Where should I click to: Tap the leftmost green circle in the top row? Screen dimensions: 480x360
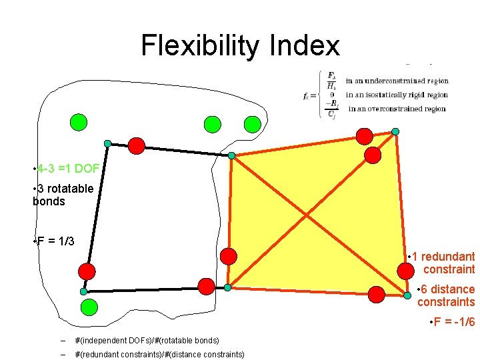click(x=79, y=123)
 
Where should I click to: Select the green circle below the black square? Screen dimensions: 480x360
click(x=89, y=307)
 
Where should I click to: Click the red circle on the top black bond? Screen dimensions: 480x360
click(x=136, y=145)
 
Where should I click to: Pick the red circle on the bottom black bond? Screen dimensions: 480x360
click(x=207, y=286)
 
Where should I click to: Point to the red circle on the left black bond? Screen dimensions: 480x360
click(x=87, y=271)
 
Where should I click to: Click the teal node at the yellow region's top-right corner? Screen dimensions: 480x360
click(x=395, y=131)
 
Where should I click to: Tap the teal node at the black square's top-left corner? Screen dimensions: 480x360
click(x=107, y=143)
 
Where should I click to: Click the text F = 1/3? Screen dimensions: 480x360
click(x=55, y=241)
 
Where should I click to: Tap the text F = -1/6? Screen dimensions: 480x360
click(x=453, y=323)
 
